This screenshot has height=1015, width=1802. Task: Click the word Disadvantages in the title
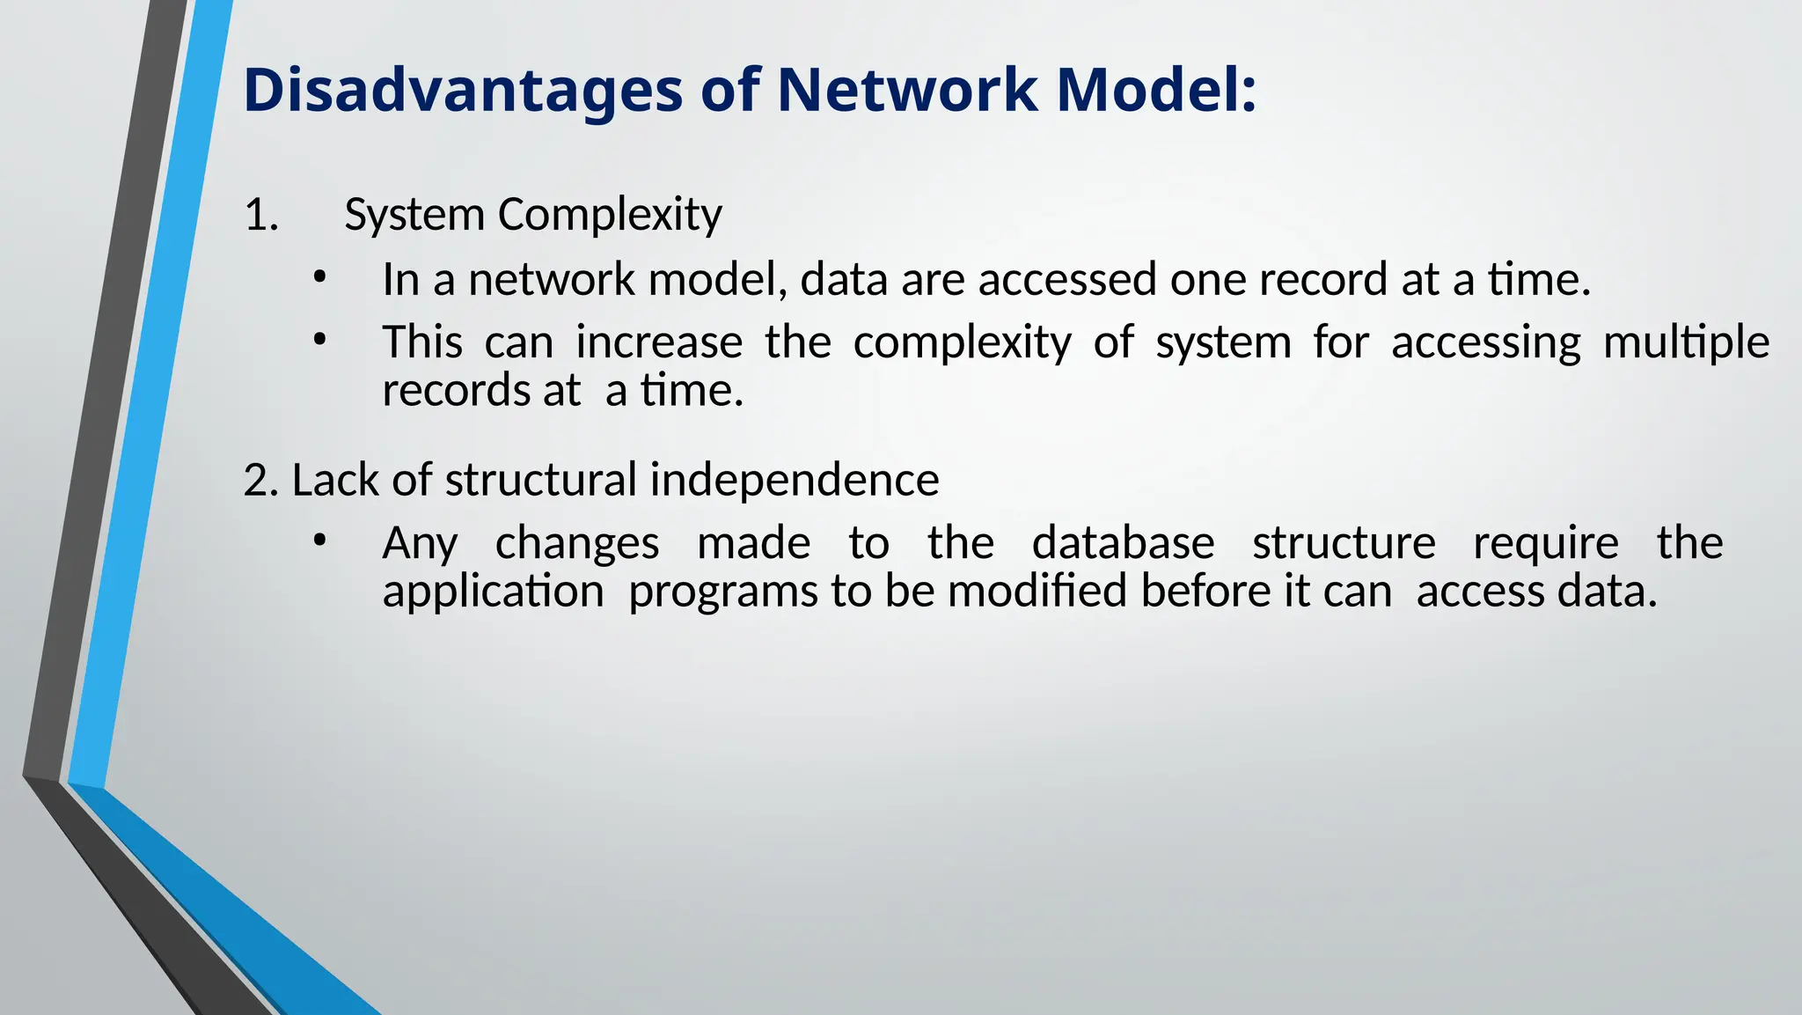point(462,91)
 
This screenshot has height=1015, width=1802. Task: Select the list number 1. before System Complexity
point(260,215)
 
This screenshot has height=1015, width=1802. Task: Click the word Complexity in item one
point(610,215)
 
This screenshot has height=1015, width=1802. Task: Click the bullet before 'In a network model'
point(319,278)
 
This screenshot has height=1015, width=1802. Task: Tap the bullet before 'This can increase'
point(319,340)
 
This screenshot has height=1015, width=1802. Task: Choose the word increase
point(659,342)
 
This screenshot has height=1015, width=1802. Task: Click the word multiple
point(1686,342)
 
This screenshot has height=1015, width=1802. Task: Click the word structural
point(540,481)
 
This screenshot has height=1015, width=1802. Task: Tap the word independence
point(794,481)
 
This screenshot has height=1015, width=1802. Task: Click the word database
point(1123,542)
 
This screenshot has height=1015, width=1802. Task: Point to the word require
point(1545,543)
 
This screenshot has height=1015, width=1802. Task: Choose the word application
point(493,591)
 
